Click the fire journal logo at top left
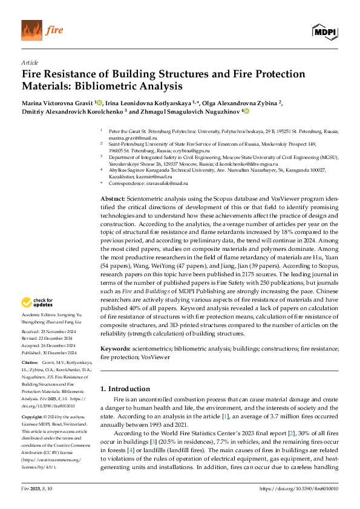point(42,30)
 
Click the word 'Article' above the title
point(30,62)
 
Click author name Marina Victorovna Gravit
point(57,103)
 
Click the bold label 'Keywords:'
point(115,349)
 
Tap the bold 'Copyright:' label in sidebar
point(33,417)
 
